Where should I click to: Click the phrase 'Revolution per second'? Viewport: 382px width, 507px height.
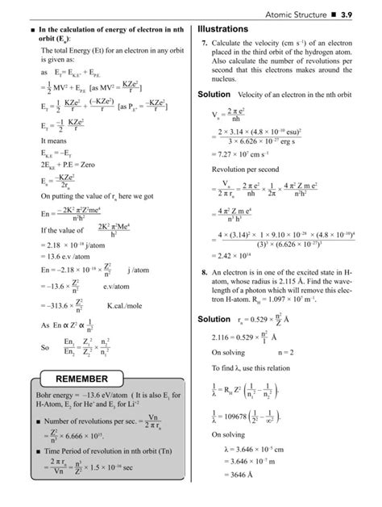point(243,171)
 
